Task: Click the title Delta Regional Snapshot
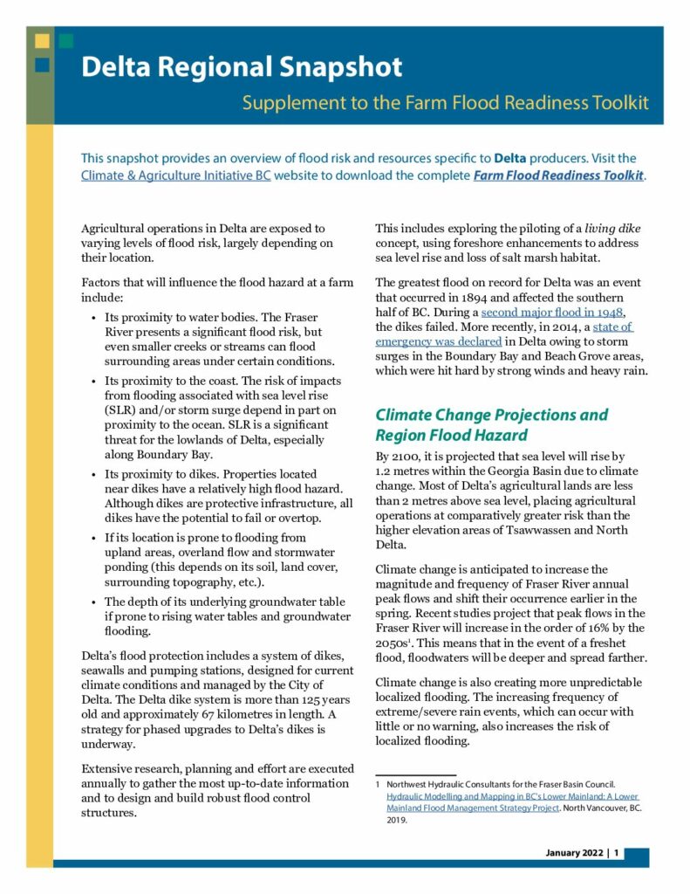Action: [242, 67]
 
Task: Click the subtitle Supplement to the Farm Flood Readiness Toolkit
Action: [445, 102]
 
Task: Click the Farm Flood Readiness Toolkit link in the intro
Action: [558, 175]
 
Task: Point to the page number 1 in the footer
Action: [617, 853]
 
